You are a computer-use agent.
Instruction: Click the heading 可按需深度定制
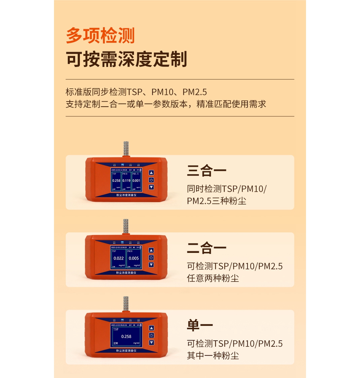click(x=126, y=59)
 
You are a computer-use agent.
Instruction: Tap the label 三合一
click(x=207, y=170)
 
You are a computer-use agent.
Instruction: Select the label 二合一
click(x=207, y=248)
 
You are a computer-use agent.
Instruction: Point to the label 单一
click(x=200, y=325)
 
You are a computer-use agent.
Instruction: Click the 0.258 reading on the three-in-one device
click(x=116, y=181)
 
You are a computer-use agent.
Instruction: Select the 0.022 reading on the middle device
click(x=118, y=258)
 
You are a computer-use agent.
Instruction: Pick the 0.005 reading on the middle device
click(x=134, y=258)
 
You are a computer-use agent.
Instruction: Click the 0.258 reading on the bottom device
click(x=126, y=336)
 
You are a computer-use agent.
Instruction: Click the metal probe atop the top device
click(x=126, y=149)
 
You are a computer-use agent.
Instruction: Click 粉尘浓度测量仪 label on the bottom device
click(x=126, y=351)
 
